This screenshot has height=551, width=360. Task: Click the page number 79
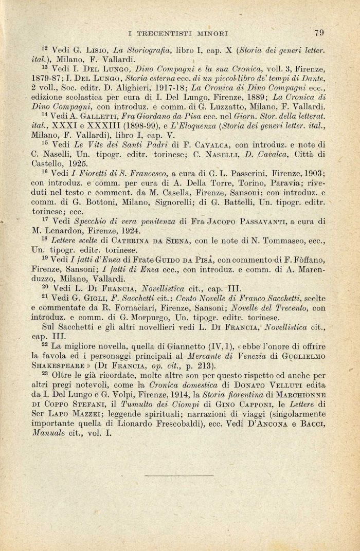point(319,33)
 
